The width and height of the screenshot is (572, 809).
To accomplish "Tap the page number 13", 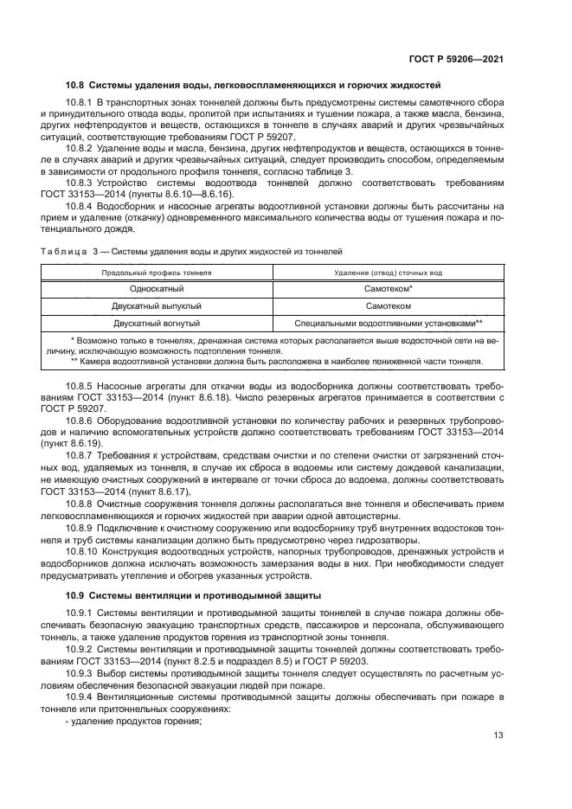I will pyautogui.click(x=498, y=736).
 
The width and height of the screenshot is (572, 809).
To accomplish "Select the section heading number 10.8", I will pyautogui.click(x=75, y=85).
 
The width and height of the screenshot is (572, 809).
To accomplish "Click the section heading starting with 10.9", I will pyautogui.click(x=182, y=595).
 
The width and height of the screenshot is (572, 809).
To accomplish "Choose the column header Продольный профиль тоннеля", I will pyautogui.click(x=157, y=273).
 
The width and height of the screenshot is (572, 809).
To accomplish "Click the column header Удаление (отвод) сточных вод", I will pyautogui.click(x=388, y=273).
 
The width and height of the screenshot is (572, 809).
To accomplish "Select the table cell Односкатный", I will pyautogui.click(x=157, y=289).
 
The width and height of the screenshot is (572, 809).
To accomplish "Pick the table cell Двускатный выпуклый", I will pyautogui.click(x=157, y=306).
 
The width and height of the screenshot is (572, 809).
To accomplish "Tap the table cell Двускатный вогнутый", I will pyautogui.click(x=157, y=324).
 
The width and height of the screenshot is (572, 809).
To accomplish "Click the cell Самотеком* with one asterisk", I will pyautogui.click(x=388, y=289).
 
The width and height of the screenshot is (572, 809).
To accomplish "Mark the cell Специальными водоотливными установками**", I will pyautogui.click(x=388, y=324).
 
